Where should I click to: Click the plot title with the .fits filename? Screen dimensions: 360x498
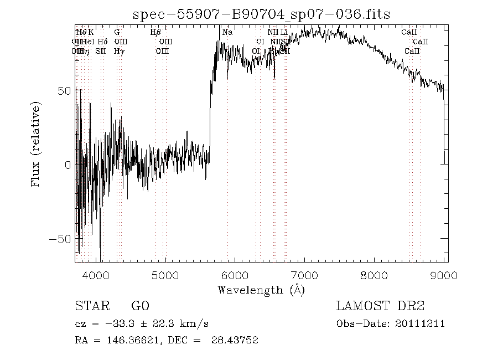point(262,14)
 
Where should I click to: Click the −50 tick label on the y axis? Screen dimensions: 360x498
point(61,239)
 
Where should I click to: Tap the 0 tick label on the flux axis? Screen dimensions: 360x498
point(68,164)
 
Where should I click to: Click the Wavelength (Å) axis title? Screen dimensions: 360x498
point(261,289)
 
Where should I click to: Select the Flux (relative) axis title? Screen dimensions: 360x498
point(37,143)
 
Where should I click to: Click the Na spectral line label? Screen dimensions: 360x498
point(227,32)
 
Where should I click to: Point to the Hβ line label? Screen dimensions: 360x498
point(155,32)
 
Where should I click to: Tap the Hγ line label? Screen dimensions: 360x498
point(119,51)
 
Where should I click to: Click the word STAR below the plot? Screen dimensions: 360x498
point(89,306)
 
